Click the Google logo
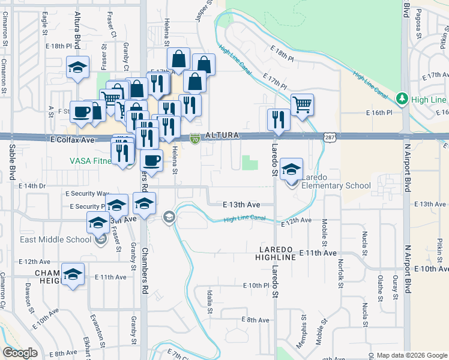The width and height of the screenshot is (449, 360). (x=20, y=353)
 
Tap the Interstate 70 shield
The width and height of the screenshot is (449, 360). (x=195, y=139)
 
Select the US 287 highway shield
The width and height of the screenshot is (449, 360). (x=330, y=137)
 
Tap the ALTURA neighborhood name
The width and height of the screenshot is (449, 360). (x=223, y=136)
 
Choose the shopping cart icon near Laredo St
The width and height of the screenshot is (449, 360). (x=303, y=105)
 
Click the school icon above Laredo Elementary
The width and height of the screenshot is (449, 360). (x=291, y=169)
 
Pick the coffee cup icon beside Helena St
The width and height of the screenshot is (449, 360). (x=151, y=160)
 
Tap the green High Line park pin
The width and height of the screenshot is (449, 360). (x=403, y=98)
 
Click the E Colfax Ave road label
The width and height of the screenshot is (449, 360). (x=72, y=140)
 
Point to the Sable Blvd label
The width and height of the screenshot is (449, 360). (x=11, y=163)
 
